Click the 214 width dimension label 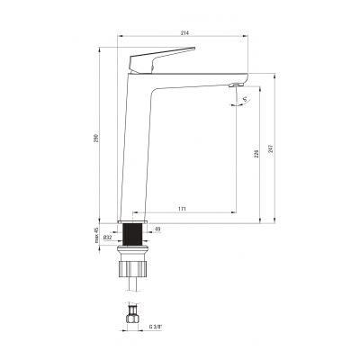point(184,32)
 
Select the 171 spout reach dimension point(184,210)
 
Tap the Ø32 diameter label point(107,238)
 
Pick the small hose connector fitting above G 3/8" point(132,316)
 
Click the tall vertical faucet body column point(135,153)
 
